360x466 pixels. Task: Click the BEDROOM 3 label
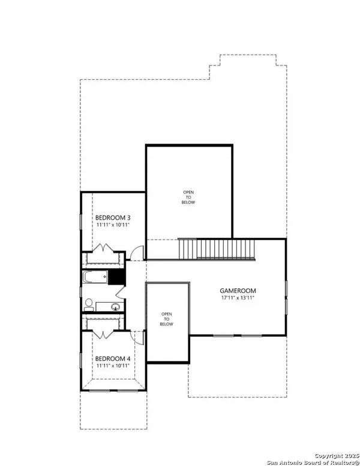[x=113, y=218]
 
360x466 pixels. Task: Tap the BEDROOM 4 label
[x=113, y=359]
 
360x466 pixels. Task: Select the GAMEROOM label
[x=238, y=291]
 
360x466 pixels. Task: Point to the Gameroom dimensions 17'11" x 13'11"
[x=238, y=297]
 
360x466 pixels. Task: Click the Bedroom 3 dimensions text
[x=113, y=225]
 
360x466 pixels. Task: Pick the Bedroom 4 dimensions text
[x=113, y=366]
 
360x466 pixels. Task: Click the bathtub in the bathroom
[x=95, y=277]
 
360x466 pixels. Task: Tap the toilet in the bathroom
[x=89, y=305]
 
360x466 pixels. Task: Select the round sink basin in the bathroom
[x=116, y=307]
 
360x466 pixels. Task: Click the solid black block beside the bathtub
[x=116, y=277]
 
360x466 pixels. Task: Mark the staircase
[x=217, y=249]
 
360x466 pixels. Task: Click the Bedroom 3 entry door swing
[x=137, y=253]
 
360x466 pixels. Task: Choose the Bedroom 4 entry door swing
[x=137, y=337]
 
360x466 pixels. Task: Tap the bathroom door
[x=120, y=291]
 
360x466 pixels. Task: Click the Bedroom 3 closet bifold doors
[x=103, y=247]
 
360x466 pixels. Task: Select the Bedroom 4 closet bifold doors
[x=103, y=334]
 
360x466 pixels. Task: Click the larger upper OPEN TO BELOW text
[x=188, y=198]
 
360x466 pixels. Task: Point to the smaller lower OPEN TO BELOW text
[x=166, y=319]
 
